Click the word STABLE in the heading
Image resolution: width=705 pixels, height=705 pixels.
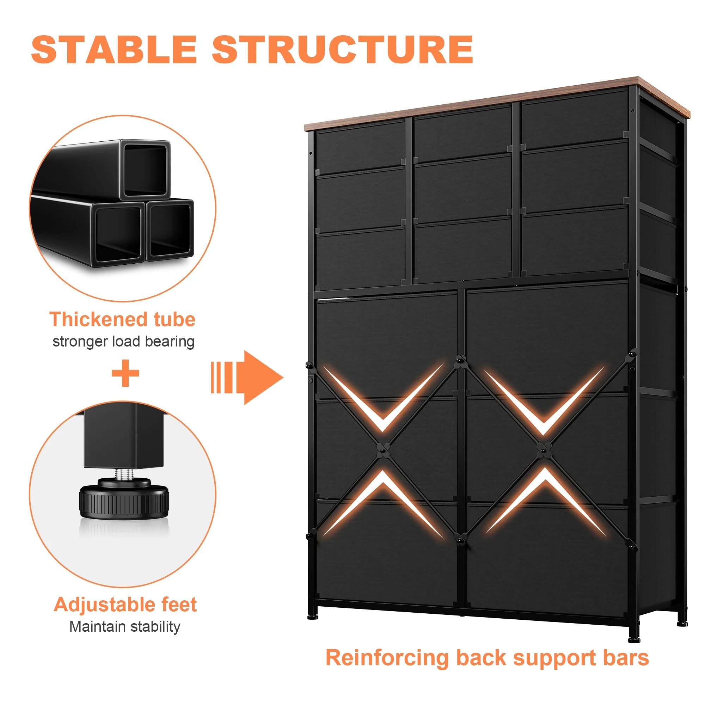(114, 50)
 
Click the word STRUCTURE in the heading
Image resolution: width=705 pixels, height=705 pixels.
(342, 50)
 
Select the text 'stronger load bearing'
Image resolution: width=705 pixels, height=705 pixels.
(123, 342)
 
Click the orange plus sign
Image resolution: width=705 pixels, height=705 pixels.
(125, 373)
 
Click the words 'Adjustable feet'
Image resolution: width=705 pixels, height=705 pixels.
(125, 604)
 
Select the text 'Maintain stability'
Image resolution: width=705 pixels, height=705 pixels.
(125, 626)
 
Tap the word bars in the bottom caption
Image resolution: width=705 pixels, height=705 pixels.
(625, 657)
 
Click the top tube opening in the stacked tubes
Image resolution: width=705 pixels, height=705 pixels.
(145, 170)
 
